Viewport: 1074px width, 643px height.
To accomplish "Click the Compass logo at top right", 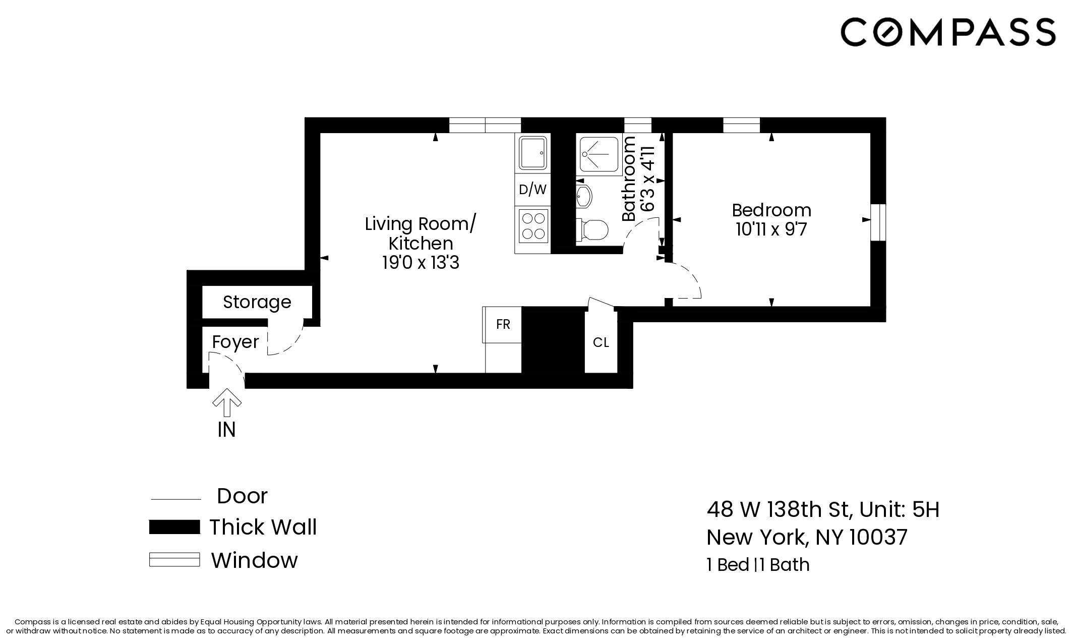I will tap(947, 32).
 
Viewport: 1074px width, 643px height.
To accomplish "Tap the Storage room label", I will tap(257, 302).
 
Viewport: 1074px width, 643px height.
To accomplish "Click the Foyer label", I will tap(235, 342).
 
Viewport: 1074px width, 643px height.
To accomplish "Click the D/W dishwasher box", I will tap(532, 190).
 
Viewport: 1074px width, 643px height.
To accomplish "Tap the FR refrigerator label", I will tap(503, 324).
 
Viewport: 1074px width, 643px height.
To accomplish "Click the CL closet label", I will tap(601, 343).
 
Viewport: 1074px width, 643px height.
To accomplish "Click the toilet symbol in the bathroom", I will tap(593, 230).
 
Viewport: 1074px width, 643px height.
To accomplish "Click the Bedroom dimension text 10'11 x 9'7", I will tap(771, 229).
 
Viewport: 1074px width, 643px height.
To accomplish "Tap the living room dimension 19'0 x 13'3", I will tap(421, 263).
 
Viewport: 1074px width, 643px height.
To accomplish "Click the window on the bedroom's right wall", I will tap(878, 222).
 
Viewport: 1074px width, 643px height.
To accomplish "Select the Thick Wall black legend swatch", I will tap(174, 527).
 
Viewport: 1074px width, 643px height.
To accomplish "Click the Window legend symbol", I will tap(174, 560).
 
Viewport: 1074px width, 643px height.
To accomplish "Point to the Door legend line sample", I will tap(176, 499).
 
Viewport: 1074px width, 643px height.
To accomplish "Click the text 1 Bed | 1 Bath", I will tap(758, 564).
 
